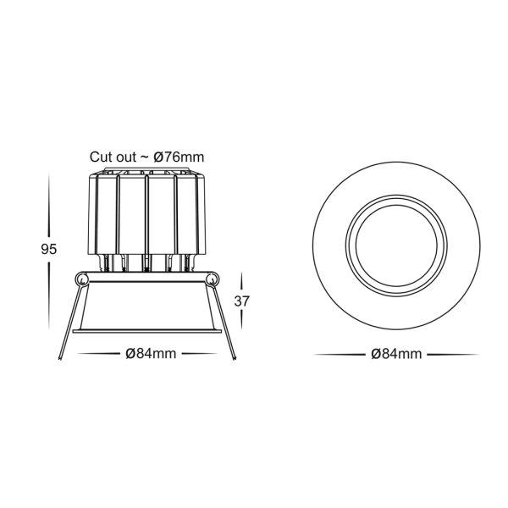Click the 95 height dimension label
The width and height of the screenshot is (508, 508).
point(48,250)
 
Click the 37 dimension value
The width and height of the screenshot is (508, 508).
point(243,301)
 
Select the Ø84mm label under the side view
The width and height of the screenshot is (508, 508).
point(151,354)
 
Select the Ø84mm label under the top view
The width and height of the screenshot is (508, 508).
point(395,354)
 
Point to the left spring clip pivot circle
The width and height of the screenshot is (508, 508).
point(81,279)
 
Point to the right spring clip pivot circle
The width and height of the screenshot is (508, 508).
point(212,279)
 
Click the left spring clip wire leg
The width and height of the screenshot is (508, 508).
point(69,326)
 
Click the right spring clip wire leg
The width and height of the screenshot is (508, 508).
point(225,326)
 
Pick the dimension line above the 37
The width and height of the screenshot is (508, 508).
point(243,281)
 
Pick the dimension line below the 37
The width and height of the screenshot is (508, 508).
point(243,323)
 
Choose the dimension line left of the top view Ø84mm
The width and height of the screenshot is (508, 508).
point(339,354)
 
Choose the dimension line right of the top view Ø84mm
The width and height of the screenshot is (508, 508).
point(452,354)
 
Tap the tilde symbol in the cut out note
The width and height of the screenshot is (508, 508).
point(146,157)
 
